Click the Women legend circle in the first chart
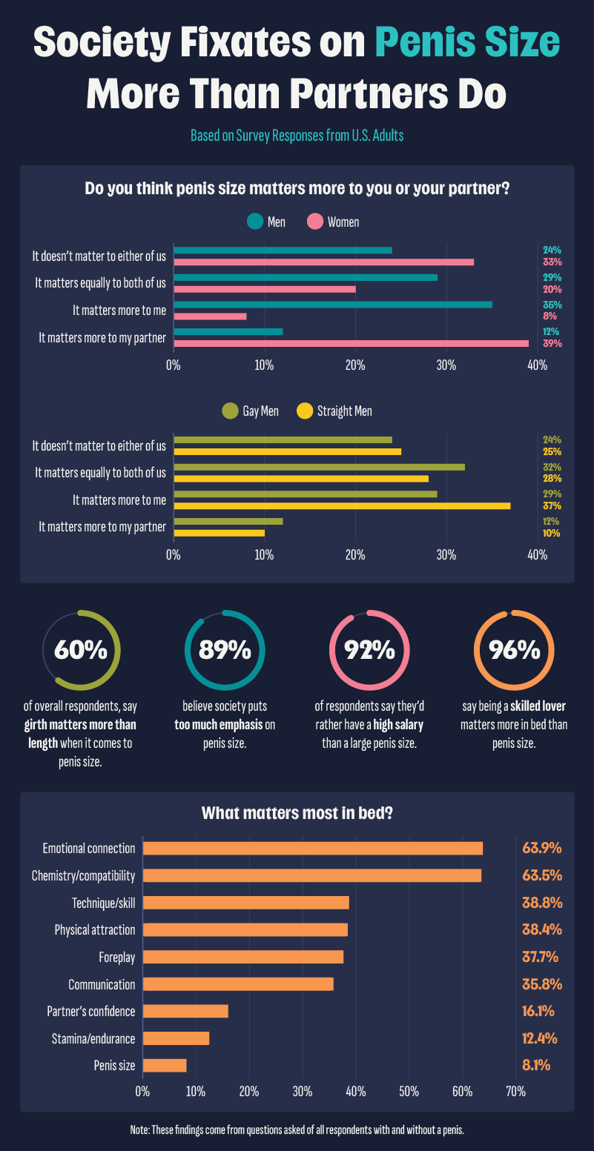315,222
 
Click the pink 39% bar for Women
351,344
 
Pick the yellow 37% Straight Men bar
342,505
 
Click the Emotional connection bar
312,849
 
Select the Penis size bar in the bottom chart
165,1066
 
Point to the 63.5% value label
541,875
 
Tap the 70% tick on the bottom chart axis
515,1092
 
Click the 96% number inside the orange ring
513,649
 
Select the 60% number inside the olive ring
81,649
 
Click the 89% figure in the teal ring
224,649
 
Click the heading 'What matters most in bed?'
297,813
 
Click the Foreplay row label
116,957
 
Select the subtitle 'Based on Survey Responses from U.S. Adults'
297,136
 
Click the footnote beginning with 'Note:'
297,1130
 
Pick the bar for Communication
237,984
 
